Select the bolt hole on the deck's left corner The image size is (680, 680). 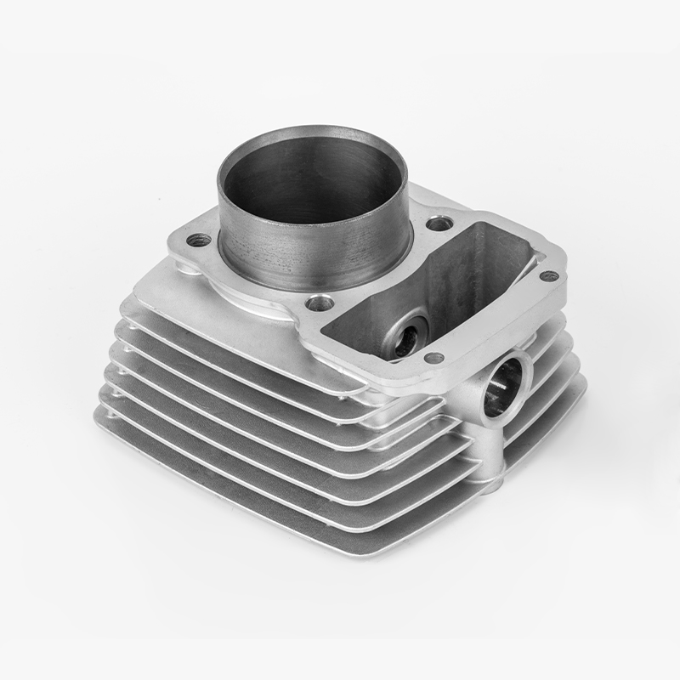[x=198, y=240]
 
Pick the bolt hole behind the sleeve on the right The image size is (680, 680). [x=439, y=224]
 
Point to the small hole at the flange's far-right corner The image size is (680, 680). [x=549, y=276]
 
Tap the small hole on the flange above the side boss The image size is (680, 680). [x=434, y=358]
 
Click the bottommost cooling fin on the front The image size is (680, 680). [x=255, y=493]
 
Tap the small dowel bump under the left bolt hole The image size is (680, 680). [x=182, y=267]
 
